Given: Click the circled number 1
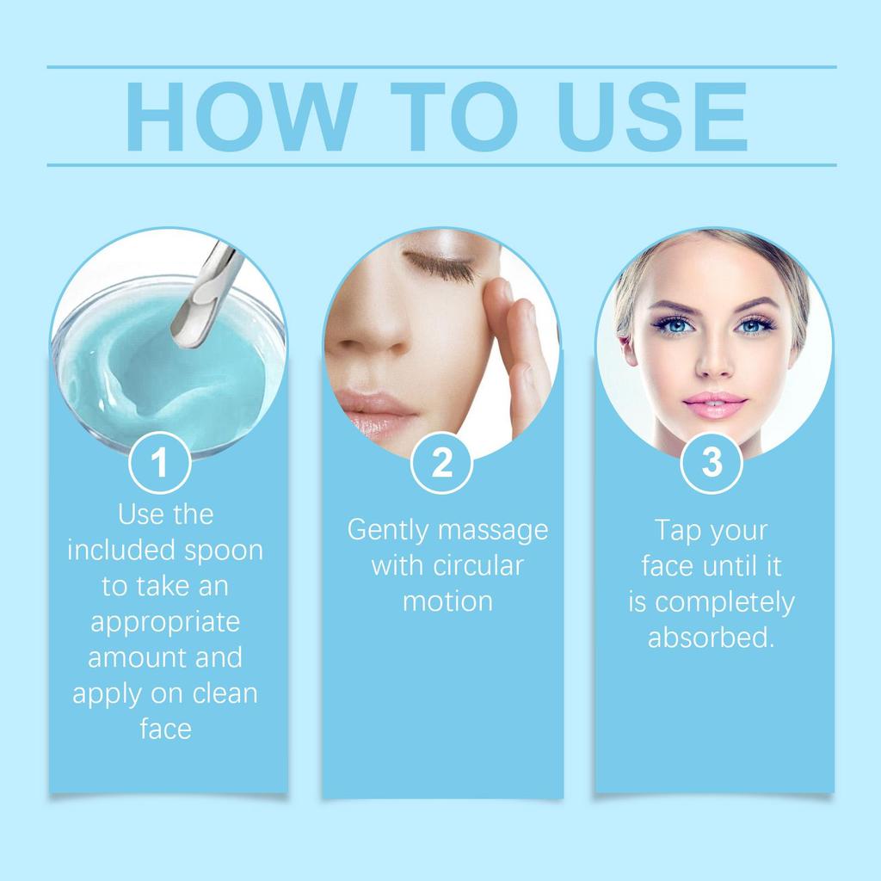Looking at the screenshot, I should click(159, 463).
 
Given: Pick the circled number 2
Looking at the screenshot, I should click(441, 463).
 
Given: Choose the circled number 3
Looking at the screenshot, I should click(712, 463).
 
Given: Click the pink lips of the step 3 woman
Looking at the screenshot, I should click(714, 404).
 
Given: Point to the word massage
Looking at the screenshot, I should click(492, 531).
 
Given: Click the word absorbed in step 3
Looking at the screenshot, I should click(711, 638).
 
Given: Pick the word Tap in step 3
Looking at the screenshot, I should click(676, 530).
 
